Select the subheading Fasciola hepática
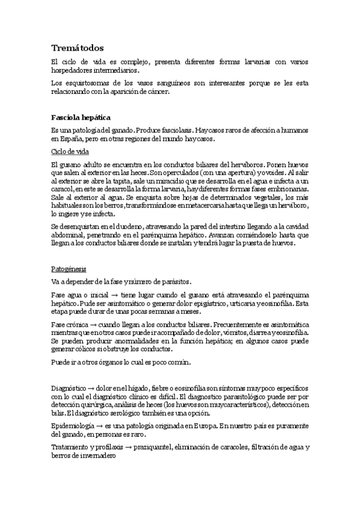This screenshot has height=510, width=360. pyautogui.click(x=80, y=117)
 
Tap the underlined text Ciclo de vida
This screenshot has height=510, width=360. pyautogui.click(x=70, y=152)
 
